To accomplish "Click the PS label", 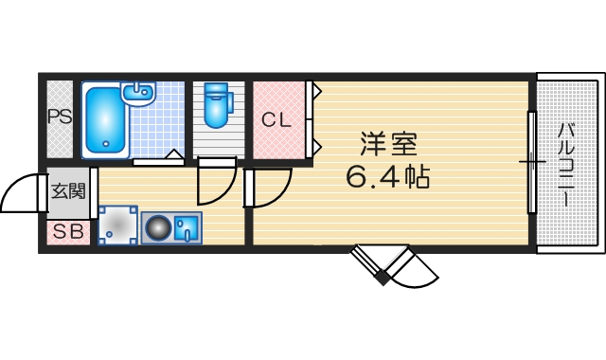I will click(x=60, y=118).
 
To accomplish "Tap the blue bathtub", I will click(x=104, y=121).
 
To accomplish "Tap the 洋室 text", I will click(x=388, y=145).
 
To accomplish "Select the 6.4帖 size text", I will click(x=388, y=176).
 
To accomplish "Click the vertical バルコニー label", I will click(x=565, y=166).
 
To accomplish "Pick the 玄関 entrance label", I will click(x=67, y=190).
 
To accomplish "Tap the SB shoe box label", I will click(x=66, y=230).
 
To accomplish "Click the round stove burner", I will click(x=156, y=227).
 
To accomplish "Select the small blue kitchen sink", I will click(x=187, y=226).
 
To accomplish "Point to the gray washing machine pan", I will click(x=118, y=226).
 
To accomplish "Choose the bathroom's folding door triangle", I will click(x=173, y=154).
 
